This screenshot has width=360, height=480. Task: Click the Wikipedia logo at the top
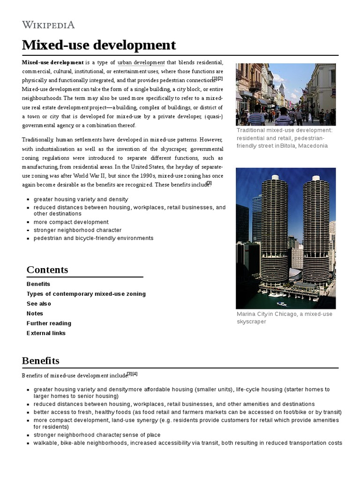[x=48, y=25]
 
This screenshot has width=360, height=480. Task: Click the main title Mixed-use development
[x=99, y=45]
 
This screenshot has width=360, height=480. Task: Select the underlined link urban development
[x=141, y=62]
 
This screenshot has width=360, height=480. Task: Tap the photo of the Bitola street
[x=285, y=94]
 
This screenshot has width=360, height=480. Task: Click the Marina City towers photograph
[x=285, y=238]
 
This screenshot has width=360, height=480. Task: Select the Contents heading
[x=47, y=270]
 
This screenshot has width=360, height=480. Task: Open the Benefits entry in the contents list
[x=38, y=284]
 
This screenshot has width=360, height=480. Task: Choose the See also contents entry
[x=39, y=304]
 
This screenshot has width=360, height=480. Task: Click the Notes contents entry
[x=35, y=314]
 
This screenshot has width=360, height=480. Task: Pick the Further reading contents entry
[x=49, y=323]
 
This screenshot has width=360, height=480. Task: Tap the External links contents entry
[x=46, y=333]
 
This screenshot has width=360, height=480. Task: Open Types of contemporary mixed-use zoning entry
[x=86, y=294]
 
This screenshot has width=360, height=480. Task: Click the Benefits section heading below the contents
[x=41, y=360]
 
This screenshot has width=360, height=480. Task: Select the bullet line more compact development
[x=71, y=222]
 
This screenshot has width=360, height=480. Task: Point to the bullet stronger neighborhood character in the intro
[x=77, y=230]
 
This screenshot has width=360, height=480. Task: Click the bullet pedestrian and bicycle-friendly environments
[x=93, y=238]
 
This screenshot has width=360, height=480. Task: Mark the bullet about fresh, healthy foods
[x=187, y=412]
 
